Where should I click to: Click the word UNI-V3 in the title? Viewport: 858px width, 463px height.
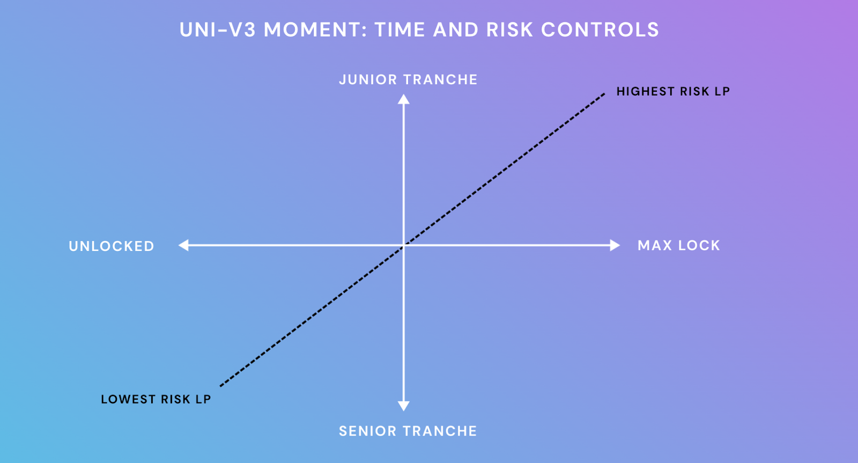218,30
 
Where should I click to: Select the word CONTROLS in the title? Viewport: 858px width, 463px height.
600,30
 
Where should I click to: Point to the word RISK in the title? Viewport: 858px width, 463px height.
509,30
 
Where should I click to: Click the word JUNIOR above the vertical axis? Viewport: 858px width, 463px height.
368,80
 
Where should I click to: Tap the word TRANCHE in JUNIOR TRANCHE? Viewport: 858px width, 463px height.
441,80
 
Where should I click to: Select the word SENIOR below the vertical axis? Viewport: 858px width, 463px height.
368,431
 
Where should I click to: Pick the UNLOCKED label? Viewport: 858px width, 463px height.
112,246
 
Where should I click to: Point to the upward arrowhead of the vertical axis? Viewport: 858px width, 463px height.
403,99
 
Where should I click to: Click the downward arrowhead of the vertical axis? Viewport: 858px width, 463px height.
403,406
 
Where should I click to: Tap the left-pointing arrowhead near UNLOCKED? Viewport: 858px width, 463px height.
183,245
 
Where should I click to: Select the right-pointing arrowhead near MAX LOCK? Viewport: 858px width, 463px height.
615,245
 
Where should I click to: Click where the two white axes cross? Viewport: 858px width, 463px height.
403,245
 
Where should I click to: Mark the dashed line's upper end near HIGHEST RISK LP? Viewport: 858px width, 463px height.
604,93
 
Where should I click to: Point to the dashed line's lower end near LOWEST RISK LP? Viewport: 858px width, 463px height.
221,386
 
